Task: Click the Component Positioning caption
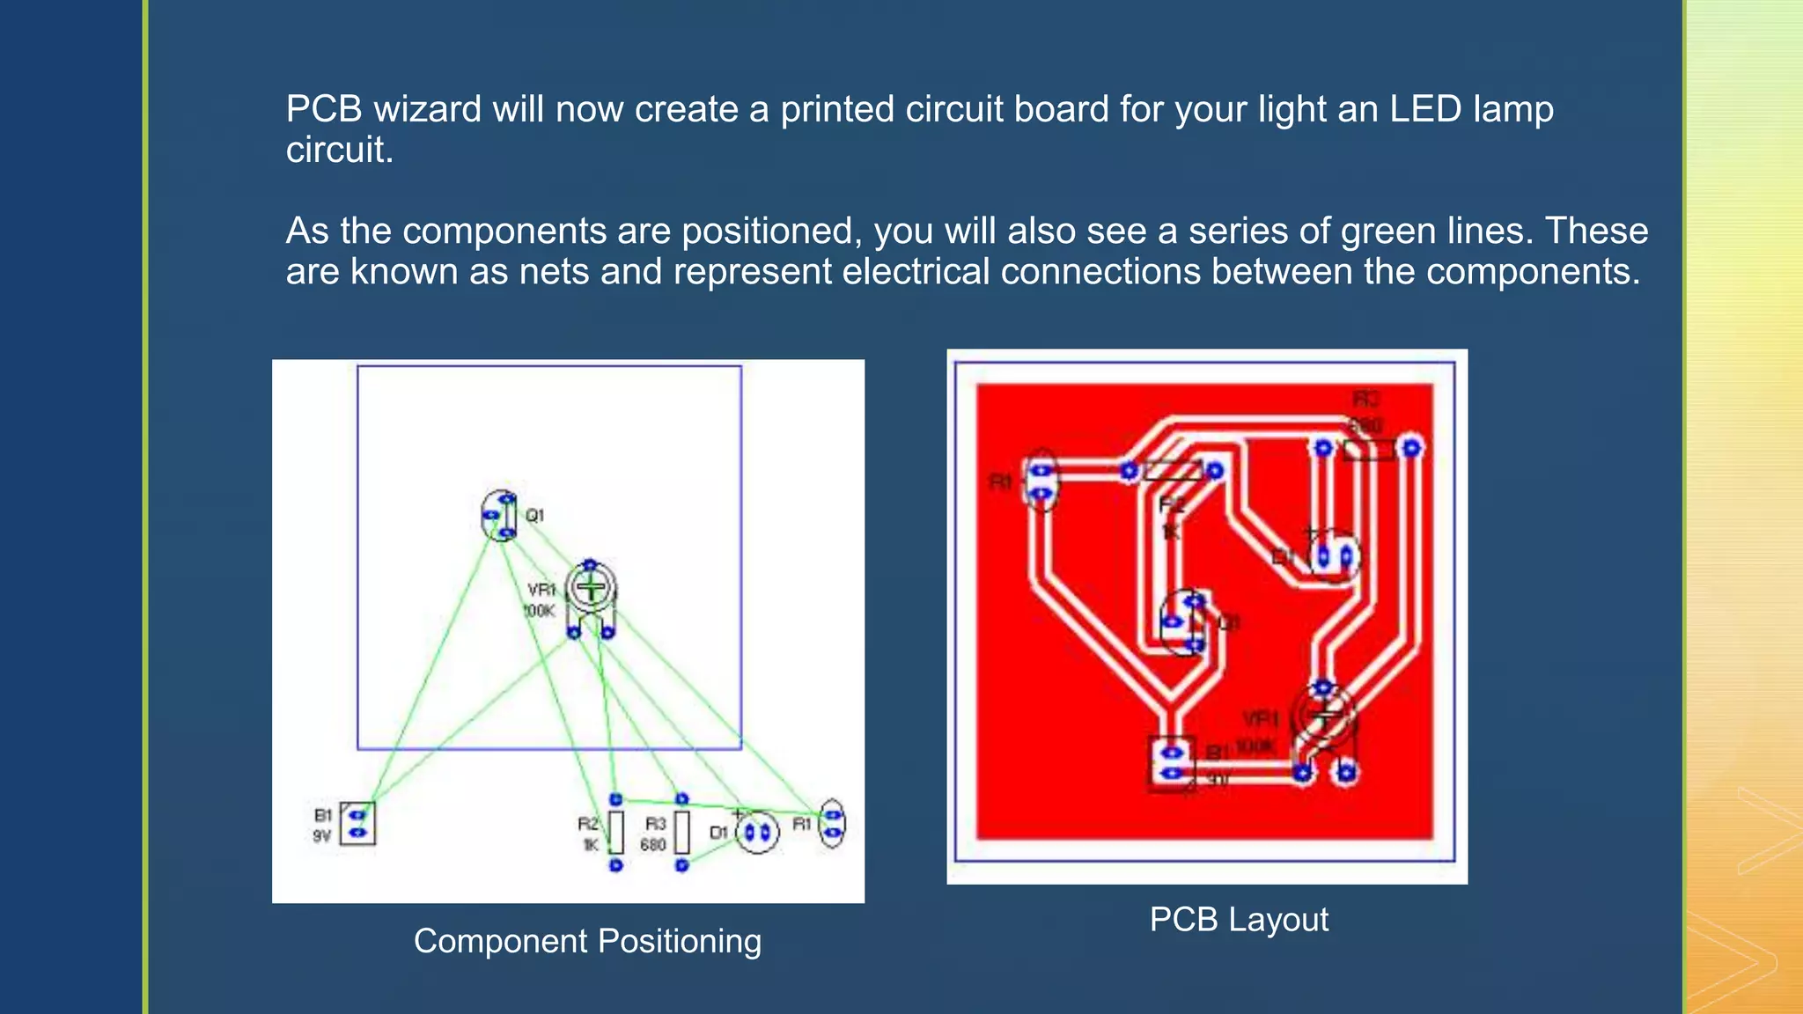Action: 587,941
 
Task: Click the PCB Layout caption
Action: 1238,919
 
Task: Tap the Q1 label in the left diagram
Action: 535,515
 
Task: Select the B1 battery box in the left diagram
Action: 357,824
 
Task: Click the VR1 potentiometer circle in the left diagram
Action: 591,589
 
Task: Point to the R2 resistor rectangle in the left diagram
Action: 616,832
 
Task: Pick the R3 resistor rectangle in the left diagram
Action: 681,832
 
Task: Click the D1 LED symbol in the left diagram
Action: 757,832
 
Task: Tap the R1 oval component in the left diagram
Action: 832,824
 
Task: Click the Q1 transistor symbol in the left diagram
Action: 500,516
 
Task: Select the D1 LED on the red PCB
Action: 1333,556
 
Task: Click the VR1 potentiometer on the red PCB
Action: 1324,717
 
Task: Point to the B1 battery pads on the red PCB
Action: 1172,763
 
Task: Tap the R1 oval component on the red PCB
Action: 1041,481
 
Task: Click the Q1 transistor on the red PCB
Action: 1184,623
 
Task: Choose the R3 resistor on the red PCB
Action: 1368,449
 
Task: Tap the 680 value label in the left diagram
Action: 652,845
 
